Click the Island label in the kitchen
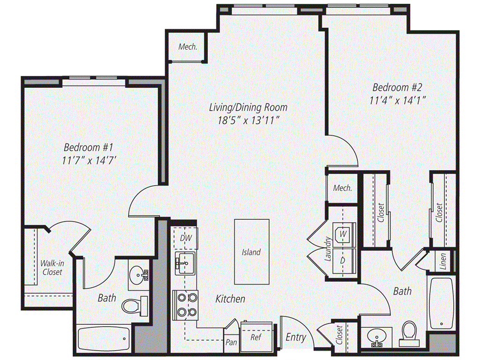click(251, 252)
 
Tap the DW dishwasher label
click(186, 238)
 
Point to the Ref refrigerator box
click(255, 337)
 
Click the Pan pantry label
click(231, 342)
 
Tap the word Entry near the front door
click(296, 337)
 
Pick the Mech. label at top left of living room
click(187, 47)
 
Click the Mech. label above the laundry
click(342, 188)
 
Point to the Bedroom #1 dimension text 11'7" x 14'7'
click(89, 160)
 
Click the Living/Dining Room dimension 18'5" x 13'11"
click(248, 120)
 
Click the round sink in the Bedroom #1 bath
click(138, 273)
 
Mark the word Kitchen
click(230, 299)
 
